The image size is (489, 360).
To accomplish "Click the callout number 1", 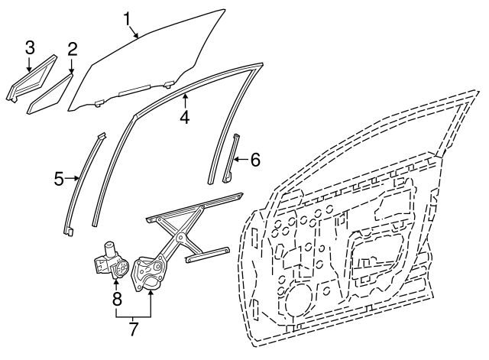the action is point(128,19).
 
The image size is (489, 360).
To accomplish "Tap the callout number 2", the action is point(72,49).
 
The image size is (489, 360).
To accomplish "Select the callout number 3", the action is point(30,47).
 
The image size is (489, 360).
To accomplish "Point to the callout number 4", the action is point(185,118).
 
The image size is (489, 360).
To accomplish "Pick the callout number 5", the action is point(59,179).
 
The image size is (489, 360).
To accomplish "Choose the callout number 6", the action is point(255,160).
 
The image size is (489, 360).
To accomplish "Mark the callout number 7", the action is point(133,329).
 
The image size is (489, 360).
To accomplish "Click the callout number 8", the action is point(117,299).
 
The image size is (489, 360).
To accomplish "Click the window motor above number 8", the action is point(112,260).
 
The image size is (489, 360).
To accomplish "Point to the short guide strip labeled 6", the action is point(231,158).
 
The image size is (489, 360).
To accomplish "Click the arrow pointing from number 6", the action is point(240,160).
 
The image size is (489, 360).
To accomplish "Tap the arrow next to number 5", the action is point(72,178).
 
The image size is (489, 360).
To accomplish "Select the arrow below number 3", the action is point(29,63).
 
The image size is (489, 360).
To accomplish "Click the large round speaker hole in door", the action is point(297,299).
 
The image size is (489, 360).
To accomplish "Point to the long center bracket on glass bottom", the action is point(134,89).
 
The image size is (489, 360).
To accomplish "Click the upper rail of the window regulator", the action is point(194,207).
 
